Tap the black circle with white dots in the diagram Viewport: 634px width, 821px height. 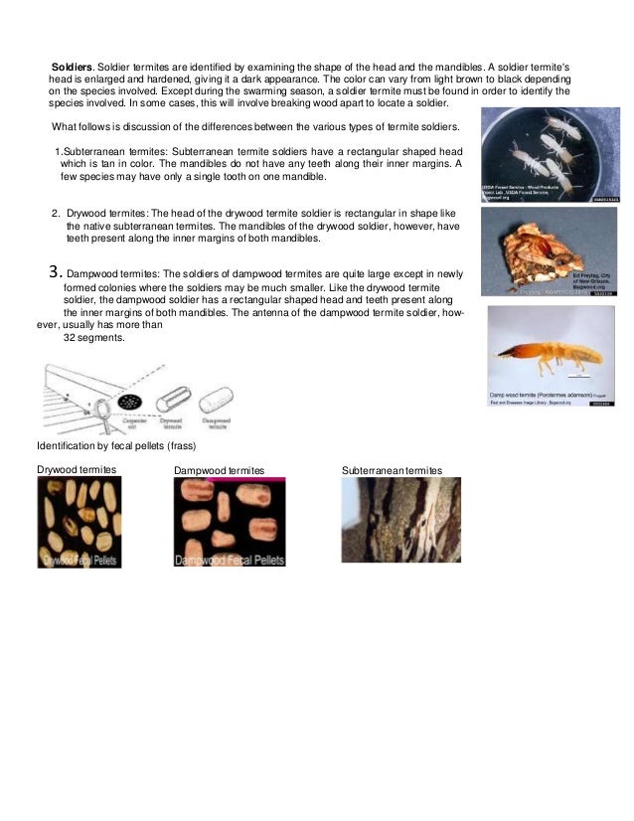tap(128, 401)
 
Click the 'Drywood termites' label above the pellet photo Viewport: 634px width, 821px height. tap(77, 469)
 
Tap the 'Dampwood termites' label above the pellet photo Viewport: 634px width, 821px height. tap(219, 470)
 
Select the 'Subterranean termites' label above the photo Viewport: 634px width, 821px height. tap(392, 469)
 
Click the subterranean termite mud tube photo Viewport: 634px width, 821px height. tap(400, 520)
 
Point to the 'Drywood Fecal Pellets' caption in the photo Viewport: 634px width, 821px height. tap(79, 561)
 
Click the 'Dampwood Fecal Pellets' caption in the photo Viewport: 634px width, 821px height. tap(230, 561)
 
